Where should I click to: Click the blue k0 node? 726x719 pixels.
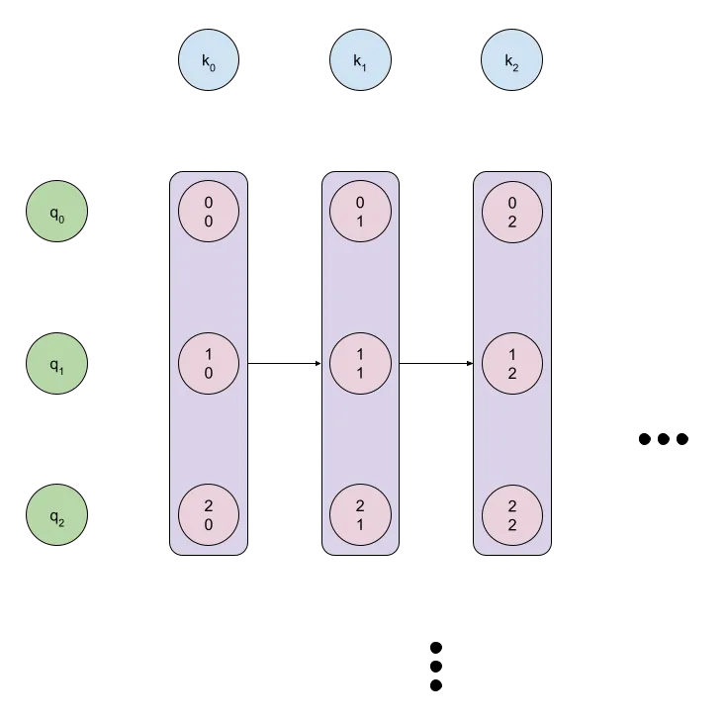[x=209, y=61]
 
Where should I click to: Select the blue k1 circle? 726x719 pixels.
[x=360, y=61]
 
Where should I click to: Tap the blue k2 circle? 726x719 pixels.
[x=512, y=61]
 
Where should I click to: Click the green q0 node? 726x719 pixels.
[x=56, y=212]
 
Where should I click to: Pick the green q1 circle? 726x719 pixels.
[x=56, y=364]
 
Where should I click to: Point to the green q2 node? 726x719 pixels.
[x=56, y=515]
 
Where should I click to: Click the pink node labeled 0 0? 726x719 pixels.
[x=209, y=212]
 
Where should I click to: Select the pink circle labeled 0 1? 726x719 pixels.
[x=360, y=212]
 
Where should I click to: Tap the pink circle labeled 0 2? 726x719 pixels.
[x=512, y=212]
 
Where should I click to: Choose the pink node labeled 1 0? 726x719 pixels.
[x=209, y=364]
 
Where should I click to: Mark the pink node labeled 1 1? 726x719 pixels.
[x=360, y=364]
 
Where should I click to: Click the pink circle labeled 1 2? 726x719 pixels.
[x=512, y=364]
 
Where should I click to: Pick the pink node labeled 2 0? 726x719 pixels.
[x=209, y=515]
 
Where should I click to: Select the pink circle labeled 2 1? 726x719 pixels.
[x=360, y=515]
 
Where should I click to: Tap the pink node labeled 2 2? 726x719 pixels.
[x=512, y=515]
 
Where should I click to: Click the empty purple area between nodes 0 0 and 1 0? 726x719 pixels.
[x=209, y=288]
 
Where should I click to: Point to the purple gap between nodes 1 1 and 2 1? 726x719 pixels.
[x=360, y=440]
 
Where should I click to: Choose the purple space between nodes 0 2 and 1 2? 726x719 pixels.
[x=512, y=288]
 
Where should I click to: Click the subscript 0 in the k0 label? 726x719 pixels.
[x=213, y=65]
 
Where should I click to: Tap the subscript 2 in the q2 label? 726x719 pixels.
[x=61, y=519]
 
